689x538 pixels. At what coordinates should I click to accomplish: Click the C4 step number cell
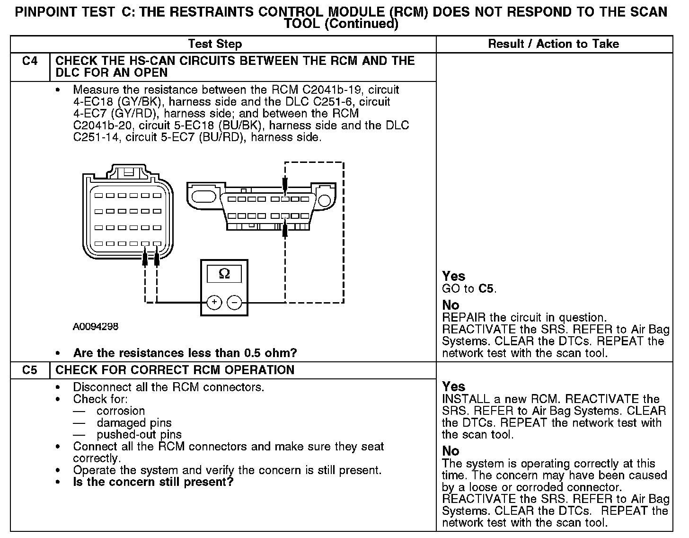point(29,61)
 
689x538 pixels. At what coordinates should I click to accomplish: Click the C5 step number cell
point(29,370)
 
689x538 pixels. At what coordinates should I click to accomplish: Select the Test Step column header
point(215,44)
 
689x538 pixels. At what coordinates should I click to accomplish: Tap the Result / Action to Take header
point(553,44)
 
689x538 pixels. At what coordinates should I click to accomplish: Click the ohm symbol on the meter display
point(224,274)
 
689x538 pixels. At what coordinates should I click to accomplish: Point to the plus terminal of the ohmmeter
point(214,302)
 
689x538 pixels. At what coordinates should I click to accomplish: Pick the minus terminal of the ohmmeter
point(234,302)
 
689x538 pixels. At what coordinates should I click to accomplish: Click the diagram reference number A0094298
point(96,327)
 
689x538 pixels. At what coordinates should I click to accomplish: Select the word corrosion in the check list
point(121,411)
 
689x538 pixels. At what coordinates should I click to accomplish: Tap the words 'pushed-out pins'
point(139,435)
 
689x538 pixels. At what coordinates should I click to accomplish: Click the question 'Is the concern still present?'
point(153,482)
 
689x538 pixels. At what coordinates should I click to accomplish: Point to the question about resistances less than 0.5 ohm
point(185,353)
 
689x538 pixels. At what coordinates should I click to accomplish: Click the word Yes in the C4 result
point(453,276)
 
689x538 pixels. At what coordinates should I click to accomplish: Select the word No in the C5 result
point(450,451)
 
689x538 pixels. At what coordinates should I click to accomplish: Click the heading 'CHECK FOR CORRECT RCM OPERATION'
point(175,370)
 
